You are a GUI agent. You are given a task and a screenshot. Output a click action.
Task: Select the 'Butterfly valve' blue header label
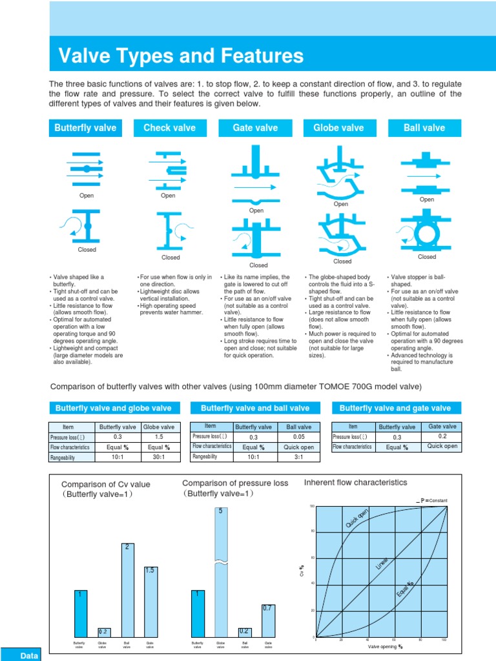click(x=85, y=128)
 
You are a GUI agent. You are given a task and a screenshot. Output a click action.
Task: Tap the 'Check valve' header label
click(x=170, y=128)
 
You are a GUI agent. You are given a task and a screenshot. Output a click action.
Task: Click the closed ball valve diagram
click(x=426, y=232)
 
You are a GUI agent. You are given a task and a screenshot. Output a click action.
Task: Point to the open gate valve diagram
click(x=256, y=172)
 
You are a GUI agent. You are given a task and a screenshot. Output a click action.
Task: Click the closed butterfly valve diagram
click(x=87, y=225)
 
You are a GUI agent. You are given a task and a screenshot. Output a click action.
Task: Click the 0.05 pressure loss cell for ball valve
click(x=299, y=436)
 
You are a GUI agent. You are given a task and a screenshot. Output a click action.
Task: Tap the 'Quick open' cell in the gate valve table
click(x=442, y=446)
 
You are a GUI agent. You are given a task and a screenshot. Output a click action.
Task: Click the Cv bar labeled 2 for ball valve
click(x=127, y=590)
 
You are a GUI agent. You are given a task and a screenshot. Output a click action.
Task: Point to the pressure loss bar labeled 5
click(x=221, y=572)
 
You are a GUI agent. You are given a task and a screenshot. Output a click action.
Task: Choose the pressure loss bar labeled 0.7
click(x=268, y=620)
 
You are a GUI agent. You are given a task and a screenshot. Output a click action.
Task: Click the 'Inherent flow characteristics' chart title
click(x=355, y=482)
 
